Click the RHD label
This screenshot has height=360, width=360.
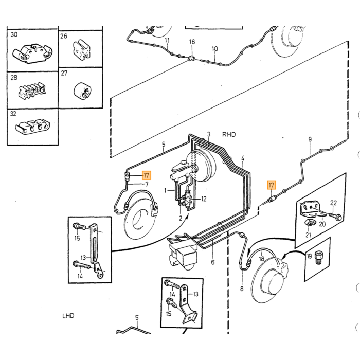tap(229, 134)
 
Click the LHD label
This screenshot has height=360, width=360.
tap(68, 316)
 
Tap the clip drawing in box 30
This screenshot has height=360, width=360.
tap(32, 53)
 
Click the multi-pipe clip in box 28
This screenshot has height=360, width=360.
tap(32, 92)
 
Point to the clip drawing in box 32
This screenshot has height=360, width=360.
tap(32, 127)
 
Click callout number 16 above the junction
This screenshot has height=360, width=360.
tap(192, 42)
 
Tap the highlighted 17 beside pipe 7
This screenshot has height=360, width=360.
tap(146, 176)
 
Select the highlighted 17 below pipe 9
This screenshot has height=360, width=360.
tap(272, 185)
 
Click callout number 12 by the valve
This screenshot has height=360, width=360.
tap(204, 199)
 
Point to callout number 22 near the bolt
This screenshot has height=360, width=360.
tap(333, 203)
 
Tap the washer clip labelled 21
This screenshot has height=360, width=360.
tap(310, 223)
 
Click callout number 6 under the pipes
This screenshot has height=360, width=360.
tap(213, 262)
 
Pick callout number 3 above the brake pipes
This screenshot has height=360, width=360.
tap(209, 134)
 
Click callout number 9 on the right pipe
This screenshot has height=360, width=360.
tap(310, 139)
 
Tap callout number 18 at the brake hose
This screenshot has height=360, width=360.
tap(262, 259)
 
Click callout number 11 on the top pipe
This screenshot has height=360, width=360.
tap(167, 41)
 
